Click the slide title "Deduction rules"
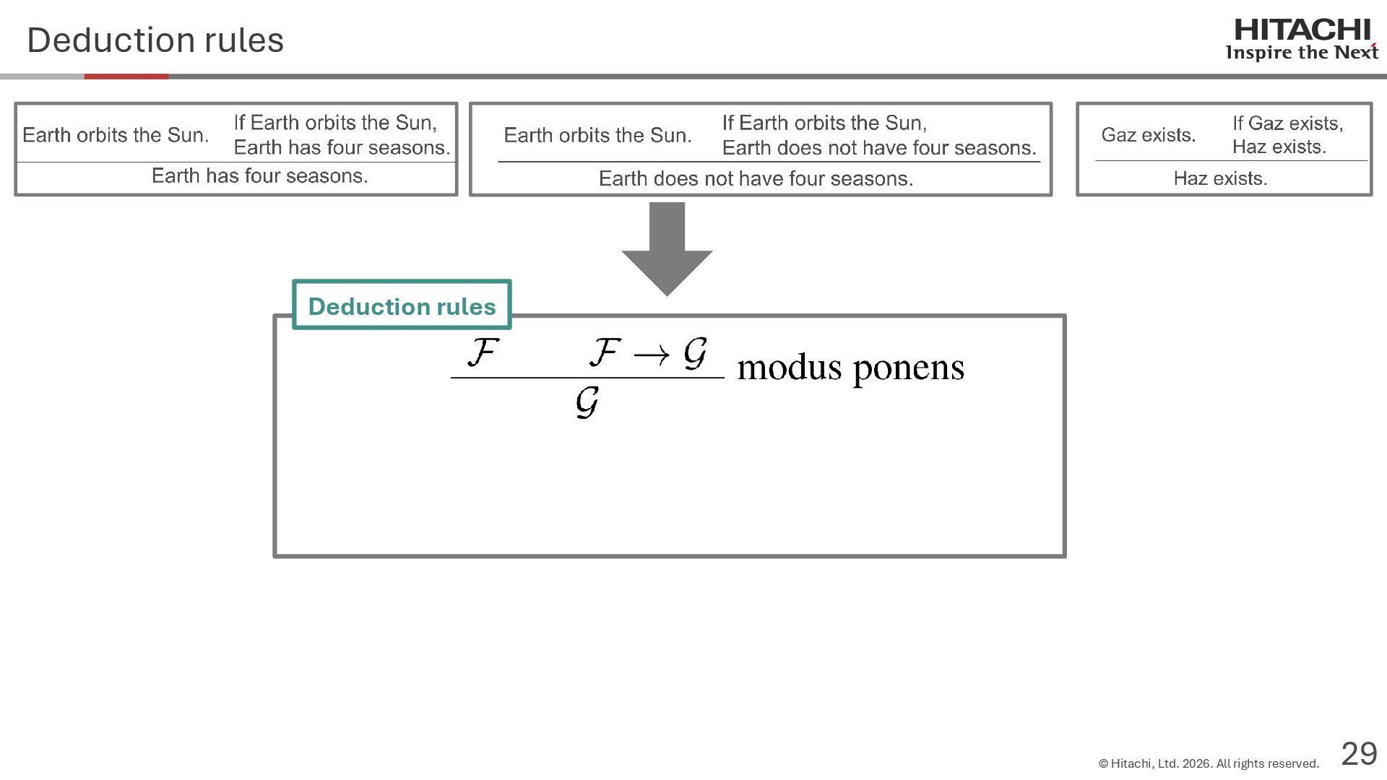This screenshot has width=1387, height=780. coord(155,40)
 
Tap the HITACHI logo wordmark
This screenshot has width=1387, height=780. coord(1302,30)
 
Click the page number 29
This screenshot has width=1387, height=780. coord(1359,754)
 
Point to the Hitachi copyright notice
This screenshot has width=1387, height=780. coord(1208,763)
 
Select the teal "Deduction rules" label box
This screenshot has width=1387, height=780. coord(402,305)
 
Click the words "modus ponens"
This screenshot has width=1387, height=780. coord(850,368)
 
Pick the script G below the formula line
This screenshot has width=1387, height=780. coord(587,402)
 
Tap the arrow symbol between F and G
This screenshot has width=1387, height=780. coord(651,355)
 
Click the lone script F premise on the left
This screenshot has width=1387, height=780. coord(483,352)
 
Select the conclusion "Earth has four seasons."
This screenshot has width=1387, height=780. coord(259,176)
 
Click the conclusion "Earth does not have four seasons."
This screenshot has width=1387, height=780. coord(756,179)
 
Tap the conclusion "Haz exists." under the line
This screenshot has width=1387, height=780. coord(1220,178)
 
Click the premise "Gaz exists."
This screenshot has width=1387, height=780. coord(1148,135)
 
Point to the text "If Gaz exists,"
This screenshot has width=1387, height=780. coord(1287,123)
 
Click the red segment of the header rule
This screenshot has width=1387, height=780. coord(126,77)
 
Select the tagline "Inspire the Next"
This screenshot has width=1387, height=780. coord(1301,53)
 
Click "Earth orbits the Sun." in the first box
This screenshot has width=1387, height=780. coord(116,135)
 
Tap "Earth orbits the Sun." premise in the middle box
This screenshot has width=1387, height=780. coord(597,135)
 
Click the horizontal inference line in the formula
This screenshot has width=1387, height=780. coord(587,377)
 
